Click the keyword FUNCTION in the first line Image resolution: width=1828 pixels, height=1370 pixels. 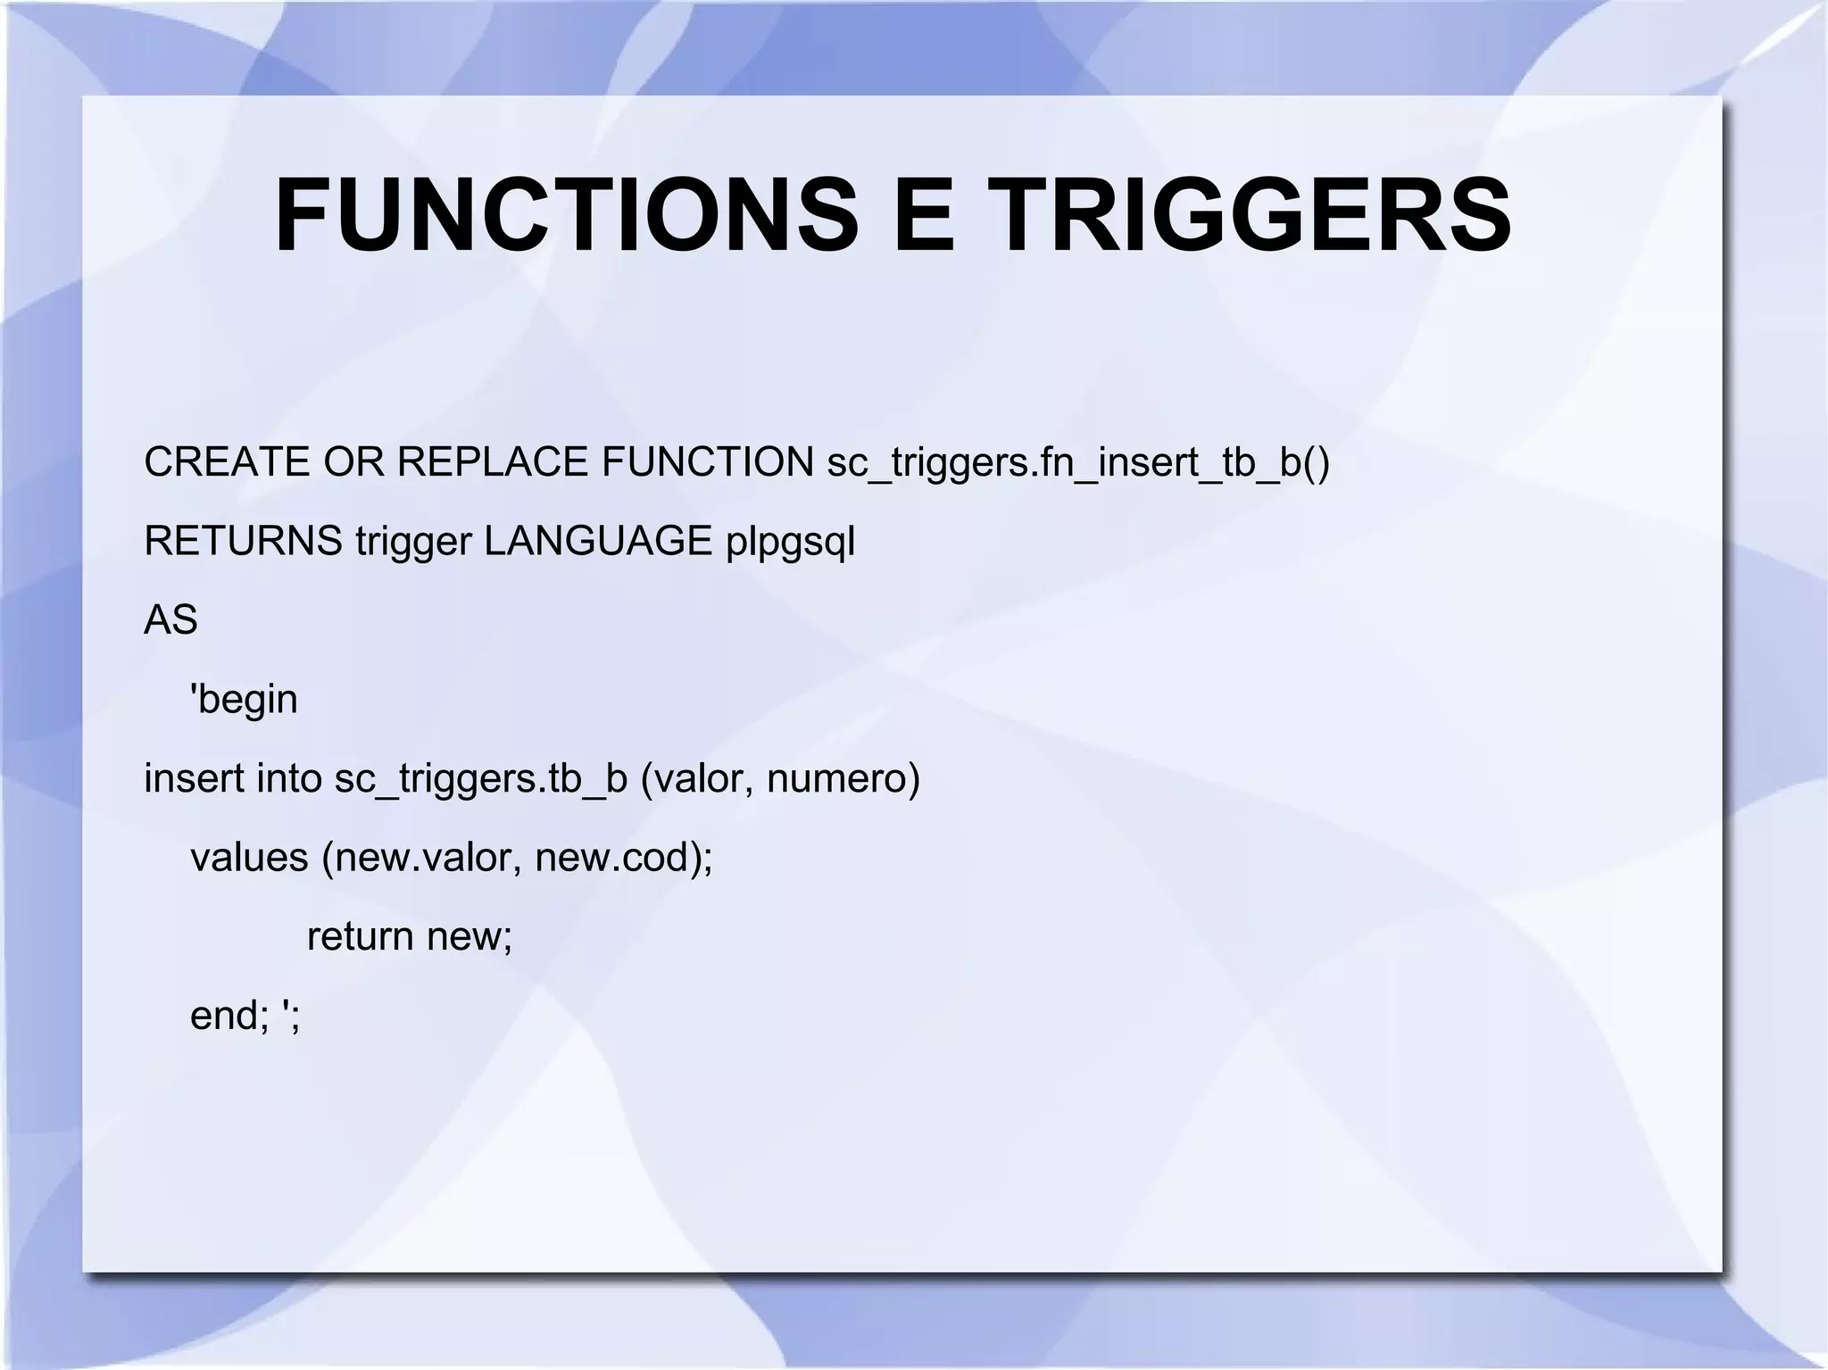pyautogui.click(x=707, y=462)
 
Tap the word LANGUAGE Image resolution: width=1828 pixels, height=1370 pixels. pyautogui.click(x=598, y=541)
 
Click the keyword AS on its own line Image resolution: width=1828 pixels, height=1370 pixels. pyautogui.click(x=170, y=619)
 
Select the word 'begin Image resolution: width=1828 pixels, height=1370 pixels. pyautogui.click(x=244, y=700)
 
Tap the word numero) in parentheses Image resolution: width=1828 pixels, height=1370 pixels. pyautogui.click(x=843, y=778)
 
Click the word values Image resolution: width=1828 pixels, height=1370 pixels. pyautogui.click(x=249, y=858)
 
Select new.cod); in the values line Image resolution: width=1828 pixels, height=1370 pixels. pyautogui.click(x=623, y=858)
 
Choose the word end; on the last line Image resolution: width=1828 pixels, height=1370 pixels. pyautogui.click(x=228, y=1016)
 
